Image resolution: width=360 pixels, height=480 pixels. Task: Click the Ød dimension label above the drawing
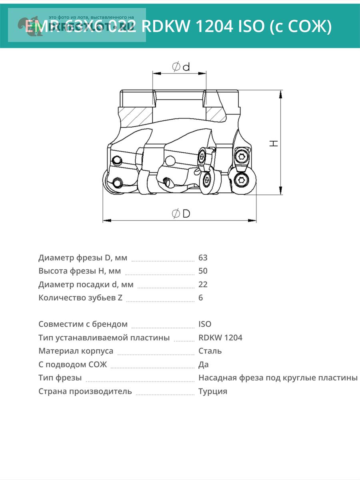pos(181,67)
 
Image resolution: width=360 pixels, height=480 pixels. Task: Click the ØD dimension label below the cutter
pos(181,214)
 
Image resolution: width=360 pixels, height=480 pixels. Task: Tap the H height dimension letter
pos(274,143)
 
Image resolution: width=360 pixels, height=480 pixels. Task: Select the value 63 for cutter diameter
pos(203,258)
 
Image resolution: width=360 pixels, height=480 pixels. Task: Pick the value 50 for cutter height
pos(203,271)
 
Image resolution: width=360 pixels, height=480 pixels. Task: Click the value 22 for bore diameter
pos(203,284)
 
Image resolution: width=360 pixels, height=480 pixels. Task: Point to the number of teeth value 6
pos(201,298)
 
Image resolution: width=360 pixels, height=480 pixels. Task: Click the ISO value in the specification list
pos(205,324)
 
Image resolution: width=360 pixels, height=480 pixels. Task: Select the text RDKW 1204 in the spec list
pos(220,338)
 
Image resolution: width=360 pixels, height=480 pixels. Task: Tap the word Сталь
pos(210,351)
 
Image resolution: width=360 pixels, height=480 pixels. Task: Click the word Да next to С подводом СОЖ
pos(203,364)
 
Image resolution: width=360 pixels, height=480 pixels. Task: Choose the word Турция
pos(213,391)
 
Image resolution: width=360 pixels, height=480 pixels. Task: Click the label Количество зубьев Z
pos(80,298)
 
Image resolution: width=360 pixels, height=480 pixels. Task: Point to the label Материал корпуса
pos(76,351)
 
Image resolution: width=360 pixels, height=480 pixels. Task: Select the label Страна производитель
pos(85,391)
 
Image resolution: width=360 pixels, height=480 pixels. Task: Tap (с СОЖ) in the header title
pos(298,27)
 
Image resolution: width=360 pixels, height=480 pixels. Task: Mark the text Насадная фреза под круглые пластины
pos(278,378)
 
